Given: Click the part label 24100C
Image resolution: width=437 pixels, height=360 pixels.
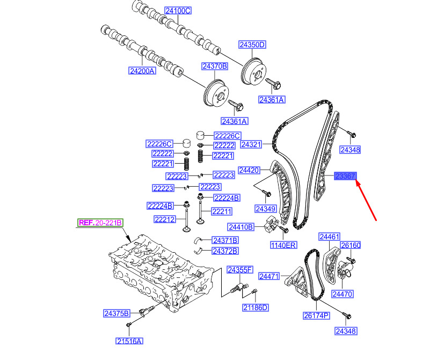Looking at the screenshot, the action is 178,11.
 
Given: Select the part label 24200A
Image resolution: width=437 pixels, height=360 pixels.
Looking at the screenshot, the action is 142,71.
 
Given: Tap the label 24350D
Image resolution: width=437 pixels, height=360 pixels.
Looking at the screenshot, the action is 252,45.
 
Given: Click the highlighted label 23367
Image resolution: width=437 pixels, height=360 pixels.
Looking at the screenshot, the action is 345,176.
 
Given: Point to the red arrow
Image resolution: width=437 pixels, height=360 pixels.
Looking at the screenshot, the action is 366,201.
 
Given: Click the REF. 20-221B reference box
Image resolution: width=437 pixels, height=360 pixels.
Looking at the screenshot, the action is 100,223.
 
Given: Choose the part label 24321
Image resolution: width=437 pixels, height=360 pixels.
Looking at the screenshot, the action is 251,144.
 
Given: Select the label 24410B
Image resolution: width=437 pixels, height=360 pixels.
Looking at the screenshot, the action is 241,227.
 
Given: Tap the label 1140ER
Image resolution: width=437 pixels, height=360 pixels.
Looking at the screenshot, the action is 283,245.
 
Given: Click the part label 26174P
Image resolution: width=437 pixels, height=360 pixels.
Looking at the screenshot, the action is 316,315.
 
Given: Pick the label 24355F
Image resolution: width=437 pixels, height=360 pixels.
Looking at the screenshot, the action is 240,270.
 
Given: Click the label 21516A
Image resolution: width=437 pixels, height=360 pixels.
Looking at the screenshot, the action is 129,341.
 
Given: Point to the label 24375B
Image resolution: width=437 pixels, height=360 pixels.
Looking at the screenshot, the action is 116,313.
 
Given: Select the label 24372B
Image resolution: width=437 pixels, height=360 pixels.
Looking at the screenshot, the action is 225,251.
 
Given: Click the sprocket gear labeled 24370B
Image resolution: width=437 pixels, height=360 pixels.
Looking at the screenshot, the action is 216,94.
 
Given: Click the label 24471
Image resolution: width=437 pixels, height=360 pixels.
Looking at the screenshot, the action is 269,276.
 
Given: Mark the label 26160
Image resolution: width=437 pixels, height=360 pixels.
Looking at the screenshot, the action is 351,245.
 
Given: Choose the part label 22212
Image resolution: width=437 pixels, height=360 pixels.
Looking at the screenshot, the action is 165,219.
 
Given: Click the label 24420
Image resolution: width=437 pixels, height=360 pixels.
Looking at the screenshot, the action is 249,170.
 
